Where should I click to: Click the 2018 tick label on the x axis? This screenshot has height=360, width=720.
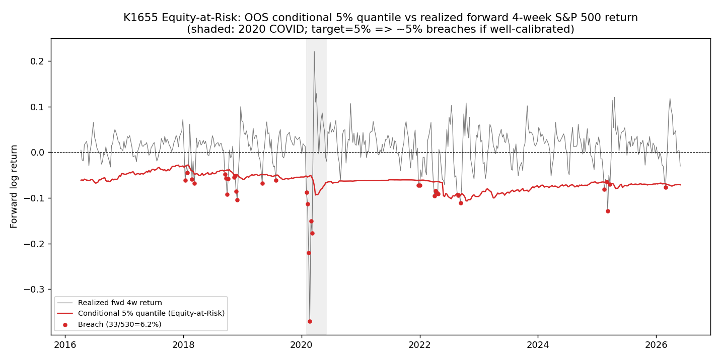click(x=183, y=345)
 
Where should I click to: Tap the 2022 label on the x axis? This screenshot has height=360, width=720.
click(x=420, y=345)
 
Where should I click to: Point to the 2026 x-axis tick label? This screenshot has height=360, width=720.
click(x=657, y=345)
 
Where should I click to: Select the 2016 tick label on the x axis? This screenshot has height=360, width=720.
click(x=65, y=345)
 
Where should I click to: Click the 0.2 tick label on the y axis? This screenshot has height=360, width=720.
click(x=37, y=61)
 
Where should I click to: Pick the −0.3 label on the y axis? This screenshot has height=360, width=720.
click(x=34, y=290)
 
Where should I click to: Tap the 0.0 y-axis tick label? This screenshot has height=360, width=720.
click(x=37, y=153)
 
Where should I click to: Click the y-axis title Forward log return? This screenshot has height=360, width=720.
click(x=14, y=187)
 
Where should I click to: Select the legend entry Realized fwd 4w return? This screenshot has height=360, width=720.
click(x=120, y=303)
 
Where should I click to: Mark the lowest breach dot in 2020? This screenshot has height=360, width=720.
click(x=310, y=321)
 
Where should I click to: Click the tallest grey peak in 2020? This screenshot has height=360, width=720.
click(x=314, y=51)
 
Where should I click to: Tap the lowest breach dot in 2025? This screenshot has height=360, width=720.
click(x=608, y=211)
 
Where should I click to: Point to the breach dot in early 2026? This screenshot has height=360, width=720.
click(x=666, y=187)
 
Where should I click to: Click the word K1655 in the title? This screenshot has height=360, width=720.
click(x=141, y=17)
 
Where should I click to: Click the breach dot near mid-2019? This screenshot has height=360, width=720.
click(x=276, y=180)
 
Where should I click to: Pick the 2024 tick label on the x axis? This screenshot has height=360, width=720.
click(x=538, y=345)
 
